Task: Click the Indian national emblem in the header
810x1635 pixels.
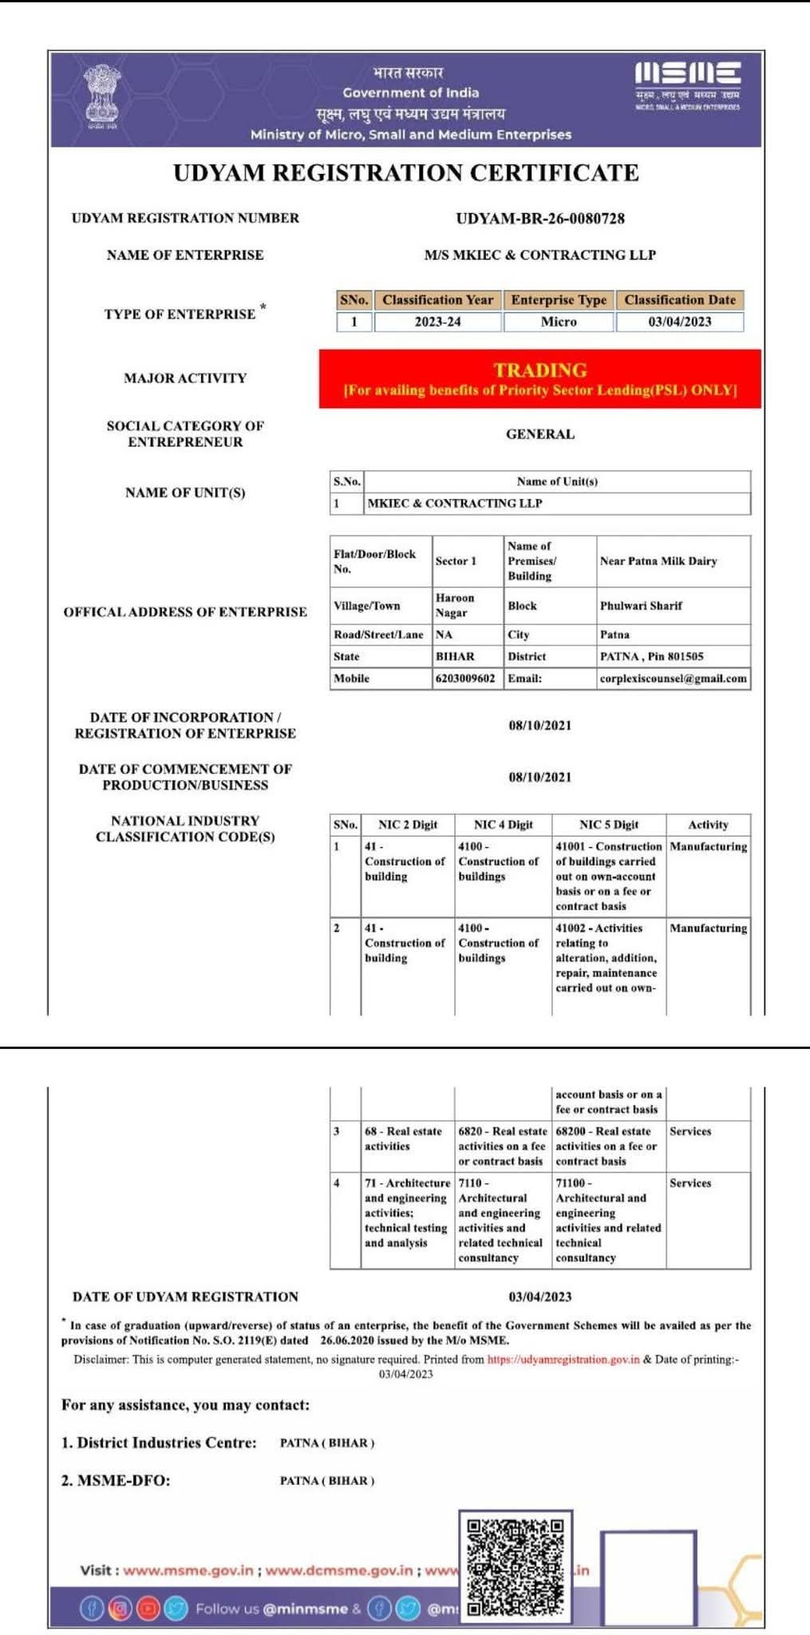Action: coord(101,97)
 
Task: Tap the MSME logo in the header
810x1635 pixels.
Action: coord(687,85)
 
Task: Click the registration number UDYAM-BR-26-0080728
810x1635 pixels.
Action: coord(539,218)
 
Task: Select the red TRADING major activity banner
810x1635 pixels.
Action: coord(539,378)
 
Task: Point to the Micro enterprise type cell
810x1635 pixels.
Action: coord(558,322)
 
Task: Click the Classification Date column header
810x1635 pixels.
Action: coord(679,300)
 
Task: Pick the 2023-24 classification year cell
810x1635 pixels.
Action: coord(437,322)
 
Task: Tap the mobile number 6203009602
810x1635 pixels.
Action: coord(465,679)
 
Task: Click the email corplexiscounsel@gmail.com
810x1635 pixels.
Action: coord(673,679)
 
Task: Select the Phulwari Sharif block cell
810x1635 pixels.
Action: coord(641,606)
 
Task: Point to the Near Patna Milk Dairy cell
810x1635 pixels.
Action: coord(658,561)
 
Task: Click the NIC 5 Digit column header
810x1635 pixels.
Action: coord(608,825)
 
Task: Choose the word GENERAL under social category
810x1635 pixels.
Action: coord(539,434)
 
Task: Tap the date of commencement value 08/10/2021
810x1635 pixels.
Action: coord(539,777)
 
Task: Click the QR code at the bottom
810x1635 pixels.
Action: coord(516,1566)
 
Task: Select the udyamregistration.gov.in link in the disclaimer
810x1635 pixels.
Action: coord(563,1360)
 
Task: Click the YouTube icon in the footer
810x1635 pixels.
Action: coord(148,1608)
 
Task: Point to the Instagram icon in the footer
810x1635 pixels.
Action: coord(120,1608)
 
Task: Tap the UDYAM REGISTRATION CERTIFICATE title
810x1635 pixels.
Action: coord(405,173)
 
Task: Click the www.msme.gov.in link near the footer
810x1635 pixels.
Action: coord(188,1570)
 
